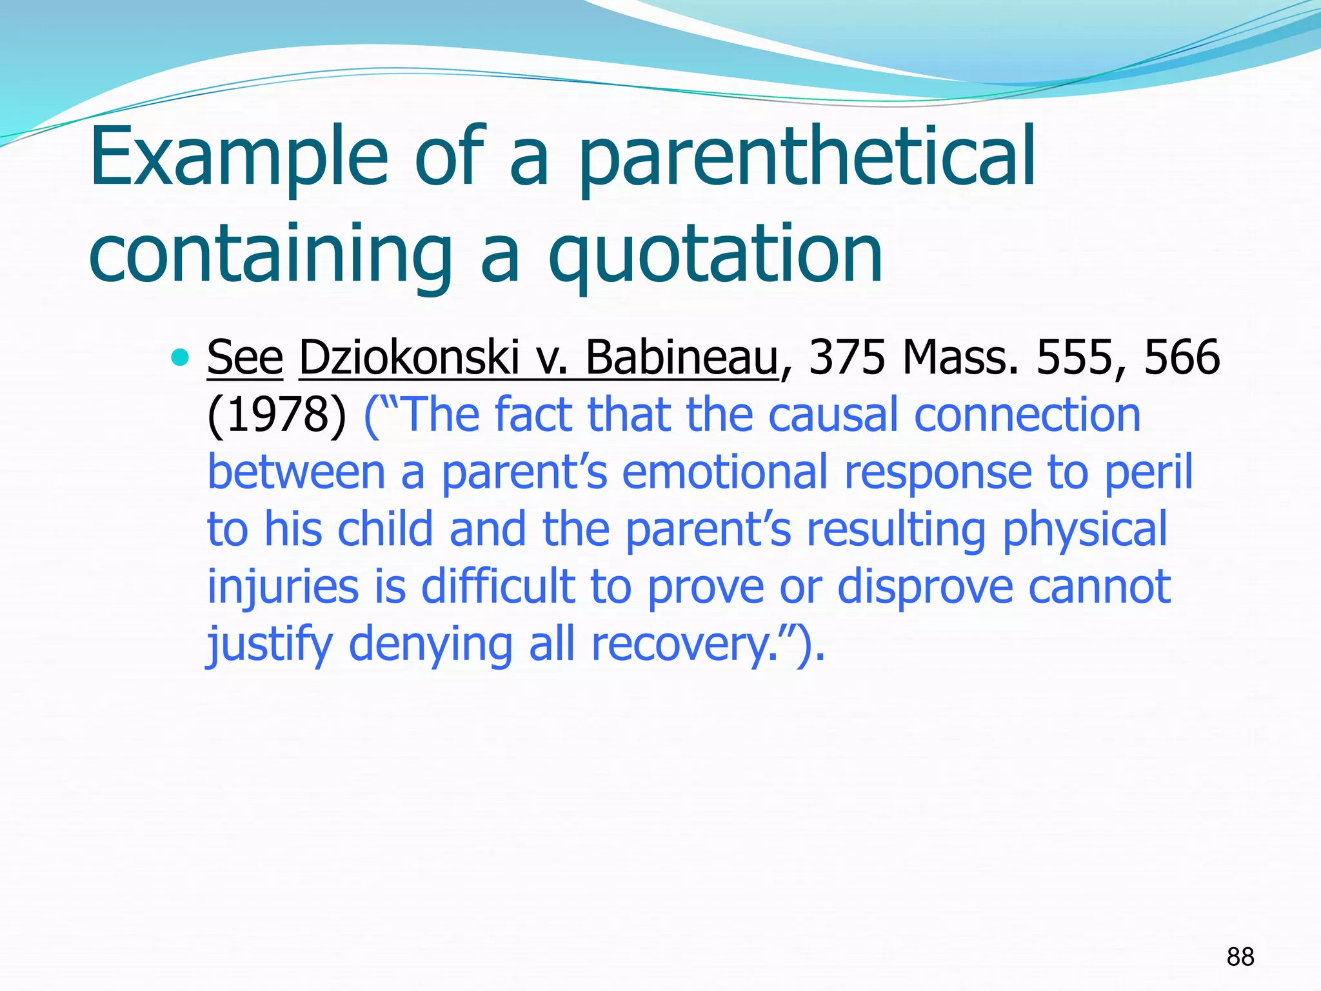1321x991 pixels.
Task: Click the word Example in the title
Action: click(239, 157)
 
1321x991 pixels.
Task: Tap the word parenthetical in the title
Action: click(806, 157)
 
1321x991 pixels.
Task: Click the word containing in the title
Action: click(271, 254)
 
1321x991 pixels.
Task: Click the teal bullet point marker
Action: click(181, 356)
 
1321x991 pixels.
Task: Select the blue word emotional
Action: click(725, 472)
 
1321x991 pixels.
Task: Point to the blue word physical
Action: click(1084, 529)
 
